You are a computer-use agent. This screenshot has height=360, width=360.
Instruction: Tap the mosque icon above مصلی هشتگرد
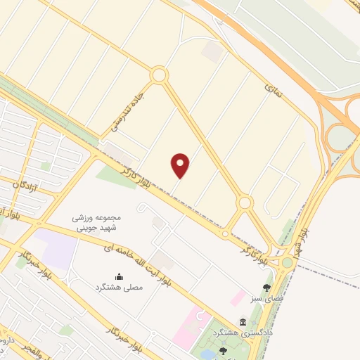(118, 276)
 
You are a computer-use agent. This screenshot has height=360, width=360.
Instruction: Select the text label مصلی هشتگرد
(118, 288)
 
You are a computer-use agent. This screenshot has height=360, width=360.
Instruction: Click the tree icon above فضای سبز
(266, 287)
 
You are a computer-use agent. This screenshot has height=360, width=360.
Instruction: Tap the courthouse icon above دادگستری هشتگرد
(243, 322)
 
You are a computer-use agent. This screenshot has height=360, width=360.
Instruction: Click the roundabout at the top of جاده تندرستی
(159, 75)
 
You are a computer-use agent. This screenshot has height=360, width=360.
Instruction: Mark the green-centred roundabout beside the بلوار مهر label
(288, 263)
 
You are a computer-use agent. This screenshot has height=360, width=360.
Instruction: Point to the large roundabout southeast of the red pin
(244, 203)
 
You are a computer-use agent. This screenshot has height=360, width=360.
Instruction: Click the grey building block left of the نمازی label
(210, 51)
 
